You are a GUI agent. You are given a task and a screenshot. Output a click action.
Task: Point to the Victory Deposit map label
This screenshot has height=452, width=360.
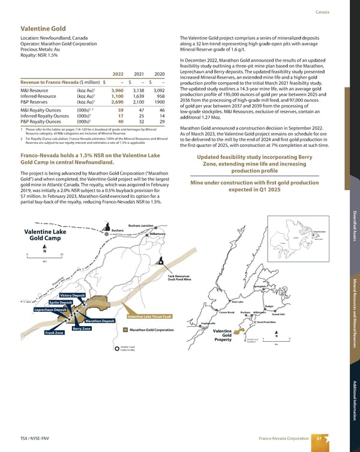click(73, 295)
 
